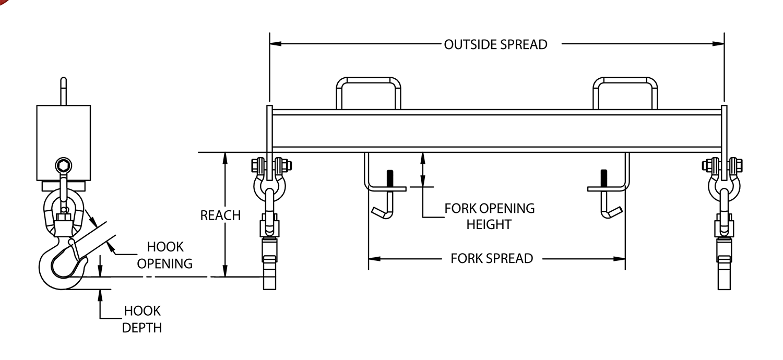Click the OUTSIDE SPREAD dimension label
click(x=495, y=44)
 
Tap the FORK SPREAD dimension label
click(x=492, y=258)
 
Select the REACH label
click(x=221, y=215)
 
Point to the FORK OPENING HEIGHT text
click(x=489, y=217)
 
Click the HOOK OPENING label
click(x=164, y=255)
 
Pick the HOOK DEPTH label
click(x=142, y=319)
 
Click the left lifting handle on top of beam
click(x=369, y=92)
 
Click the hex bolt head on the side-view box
click(x=63, y=166)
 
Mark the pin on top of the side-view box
click(x=63, y=91)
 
